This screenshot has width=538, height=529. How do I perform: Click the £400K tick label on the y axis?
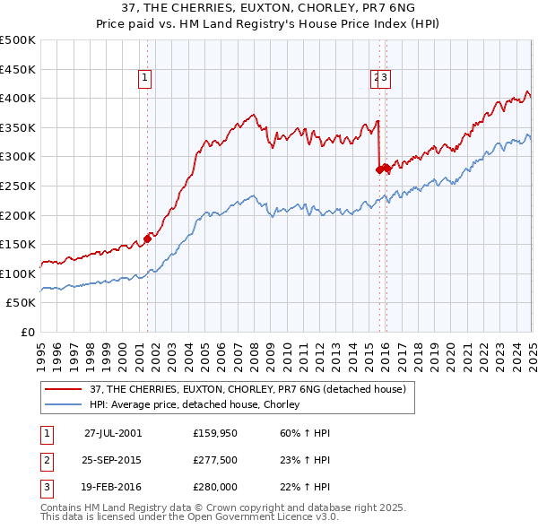pos(18,99)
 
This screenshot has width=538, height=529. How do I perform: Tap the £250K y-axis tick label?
pos(18,186)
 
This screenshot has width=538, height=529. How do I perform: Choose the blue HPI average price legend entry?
pos(193,405)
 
